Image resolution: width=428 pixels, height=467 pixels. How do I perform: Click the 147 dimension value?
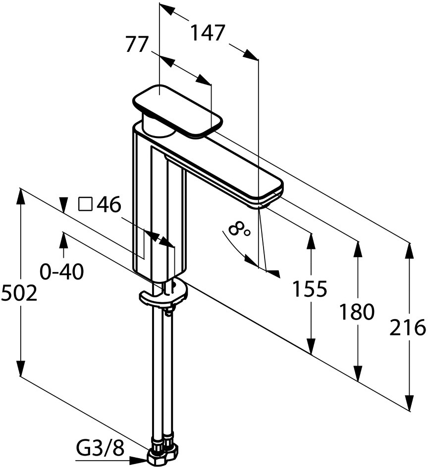tap(207, 33)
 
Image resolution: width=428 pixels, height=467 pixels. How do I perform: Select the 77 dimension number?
tap(137, 45)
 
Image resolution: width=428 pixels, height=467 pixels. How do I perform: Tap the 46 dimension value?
tap(108, 204)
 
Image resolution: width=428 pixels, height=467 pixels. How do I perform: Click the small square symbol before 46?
tap(85, 204)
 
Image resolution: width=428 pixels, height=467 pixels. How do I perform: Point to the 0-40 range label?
tap(62, 272)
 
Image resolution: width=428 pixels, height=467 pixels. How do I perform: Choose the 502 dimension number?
tap(19, 293)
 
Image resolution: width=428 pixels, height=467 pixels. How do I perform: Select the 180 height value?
tap(356, 312)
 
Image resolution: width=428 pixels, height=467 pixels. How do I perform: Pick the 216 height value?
tap(407, 327)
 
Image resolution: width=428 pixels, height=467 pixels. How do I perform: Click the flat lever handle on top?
tap(178, 111)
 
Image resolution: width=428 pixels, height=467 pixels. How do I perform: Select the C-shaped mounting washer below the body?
tap(163, 294)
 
